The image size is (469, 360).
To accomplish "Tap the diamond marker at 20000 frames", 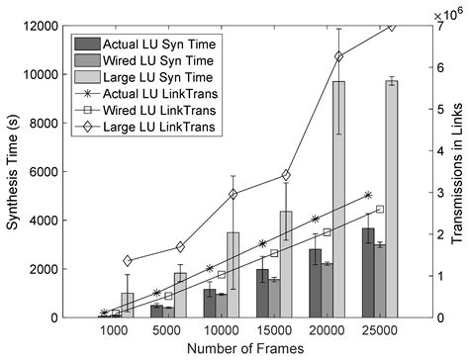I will click(x=339, y=56).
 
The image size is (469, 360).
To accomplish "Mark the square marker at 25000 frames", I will click(x=380, y=209).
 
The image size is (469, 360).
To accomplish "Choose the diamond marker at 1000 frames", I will click(x=128, y=260).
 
